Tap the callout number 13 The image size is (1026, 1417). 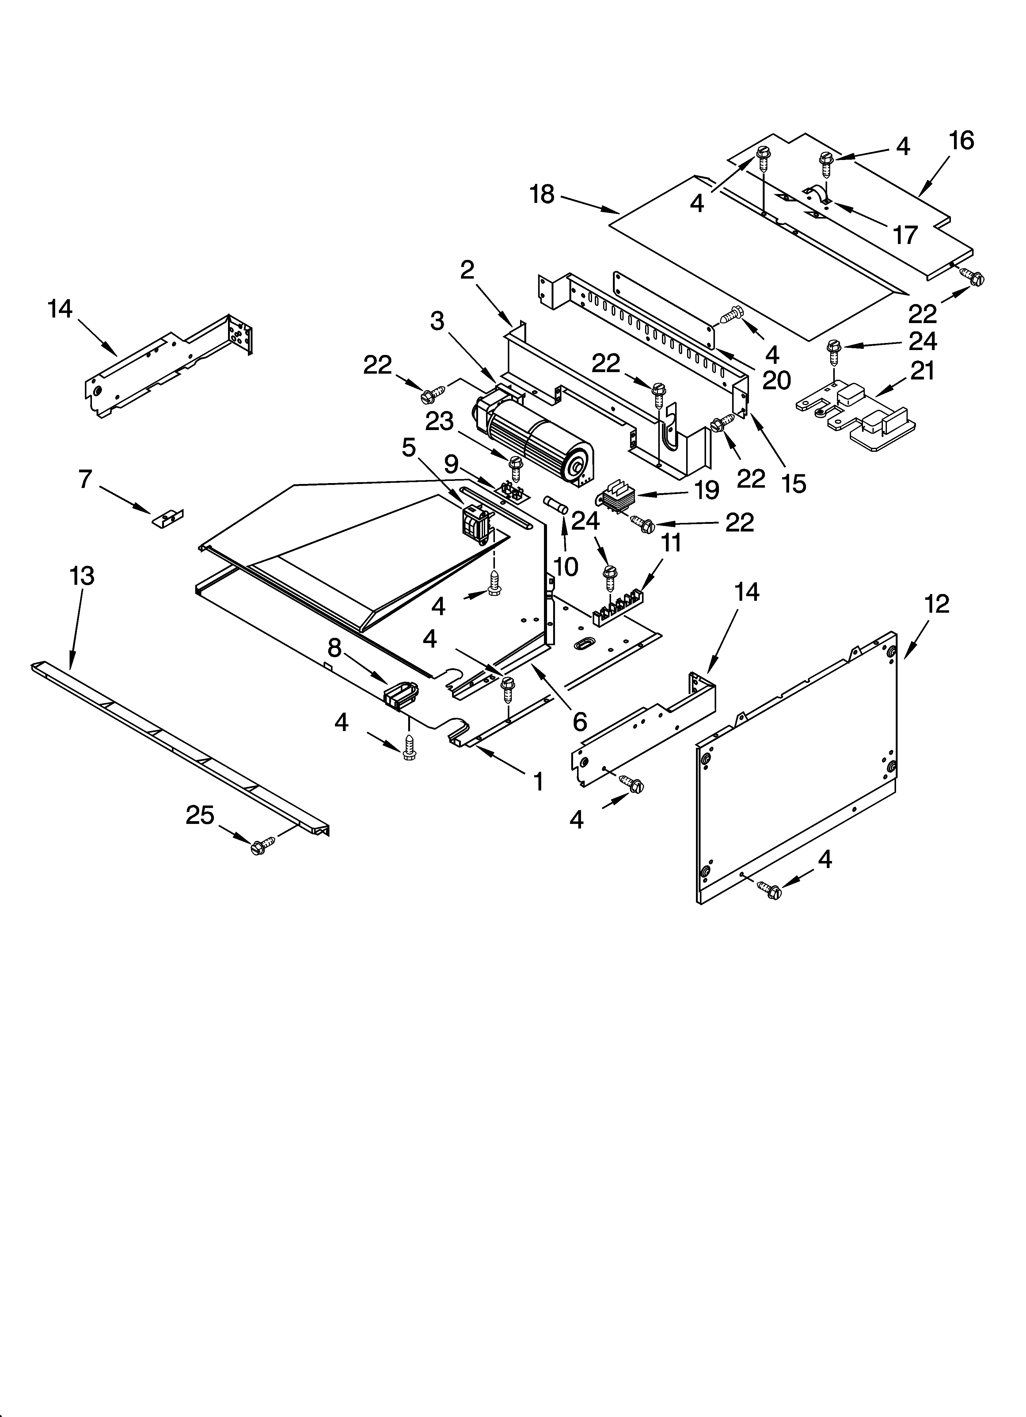coord(82,575)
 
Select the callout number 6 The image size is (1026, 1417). coord(579,722)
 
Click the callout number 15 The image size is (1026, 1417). coord(794,483)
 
